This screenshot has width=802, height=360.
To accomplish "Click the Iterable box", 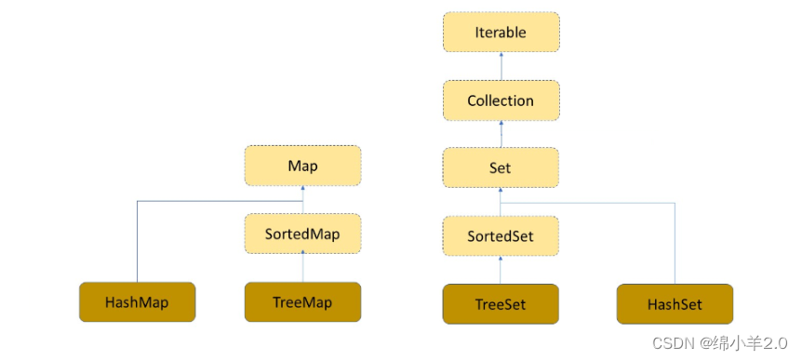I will pos(501,33).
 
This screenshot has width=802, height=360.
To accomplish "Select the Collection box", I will pos(501,100).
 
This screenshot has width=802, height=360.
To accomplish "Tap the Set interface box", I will pos(501,168).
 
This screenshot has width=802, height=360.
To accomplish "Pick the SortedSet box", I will pos(501,235).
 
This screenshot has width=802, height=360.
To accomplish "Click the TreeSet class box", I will pos(501,304).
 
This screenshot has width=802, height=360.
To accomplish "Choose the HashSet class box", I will pos(675,304).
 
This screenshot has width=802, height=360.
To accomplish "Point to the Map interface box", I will pos(302,167).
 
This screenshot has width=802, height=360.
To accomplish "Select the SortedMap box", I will pos(302,234).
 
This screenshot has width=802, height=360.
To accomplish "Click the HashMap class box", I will pos(138,302).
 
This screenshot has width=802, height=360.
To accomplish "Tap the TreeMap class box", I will pos(302,302).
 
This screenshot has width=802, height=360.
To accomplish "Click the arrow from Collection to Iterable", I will pos(501,66).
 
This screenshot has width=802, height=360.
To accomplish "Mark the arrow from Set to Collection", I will pos(501,134).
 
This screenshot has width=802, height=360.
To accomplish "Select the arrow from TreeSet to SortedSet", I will pos(501,270).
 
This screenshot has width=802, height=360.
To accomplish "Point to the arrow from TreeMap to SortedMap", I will pos(302,268).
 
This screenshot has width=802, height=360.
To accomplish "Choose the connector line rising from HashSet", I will pos(675,242).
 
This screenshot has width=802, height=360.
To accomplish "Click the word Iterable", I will pos(501,33).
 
